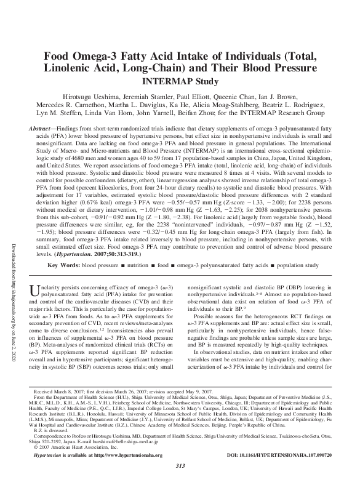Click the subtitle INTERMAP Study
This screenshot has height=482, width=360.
click(180, 81)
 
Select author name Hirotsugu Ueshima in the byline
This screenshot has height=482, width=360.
click(88, 97)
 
